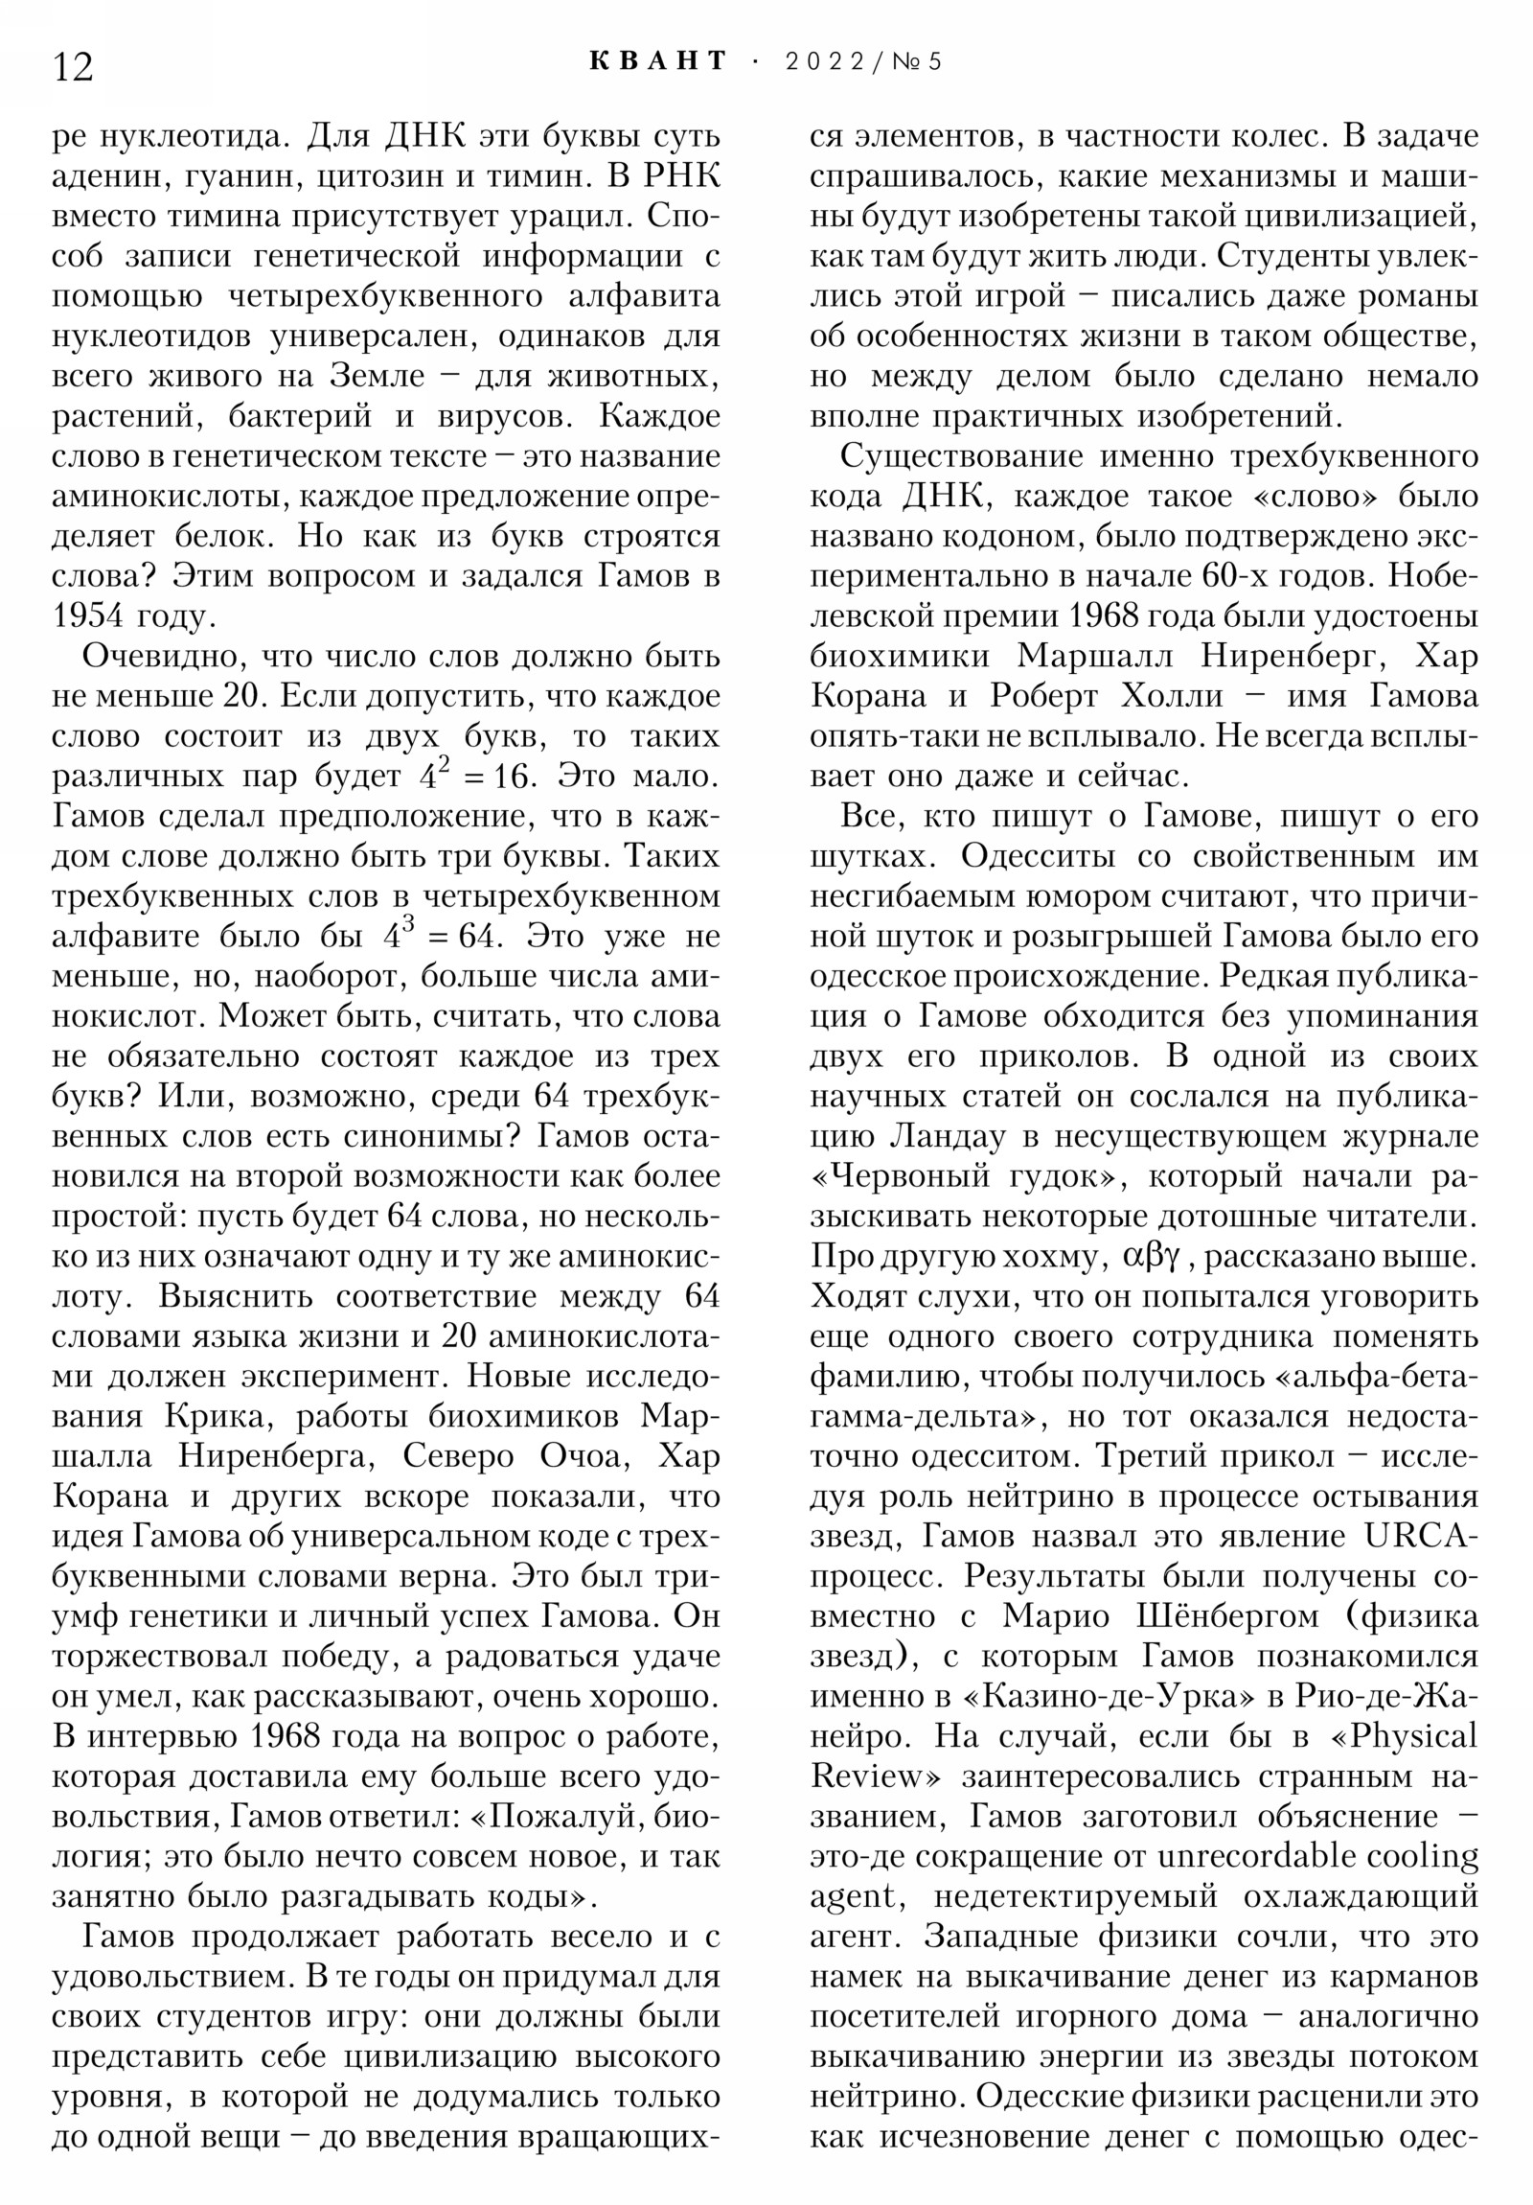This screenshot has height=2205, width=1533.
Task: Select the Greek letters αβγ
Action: tap(1151, 1256)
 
